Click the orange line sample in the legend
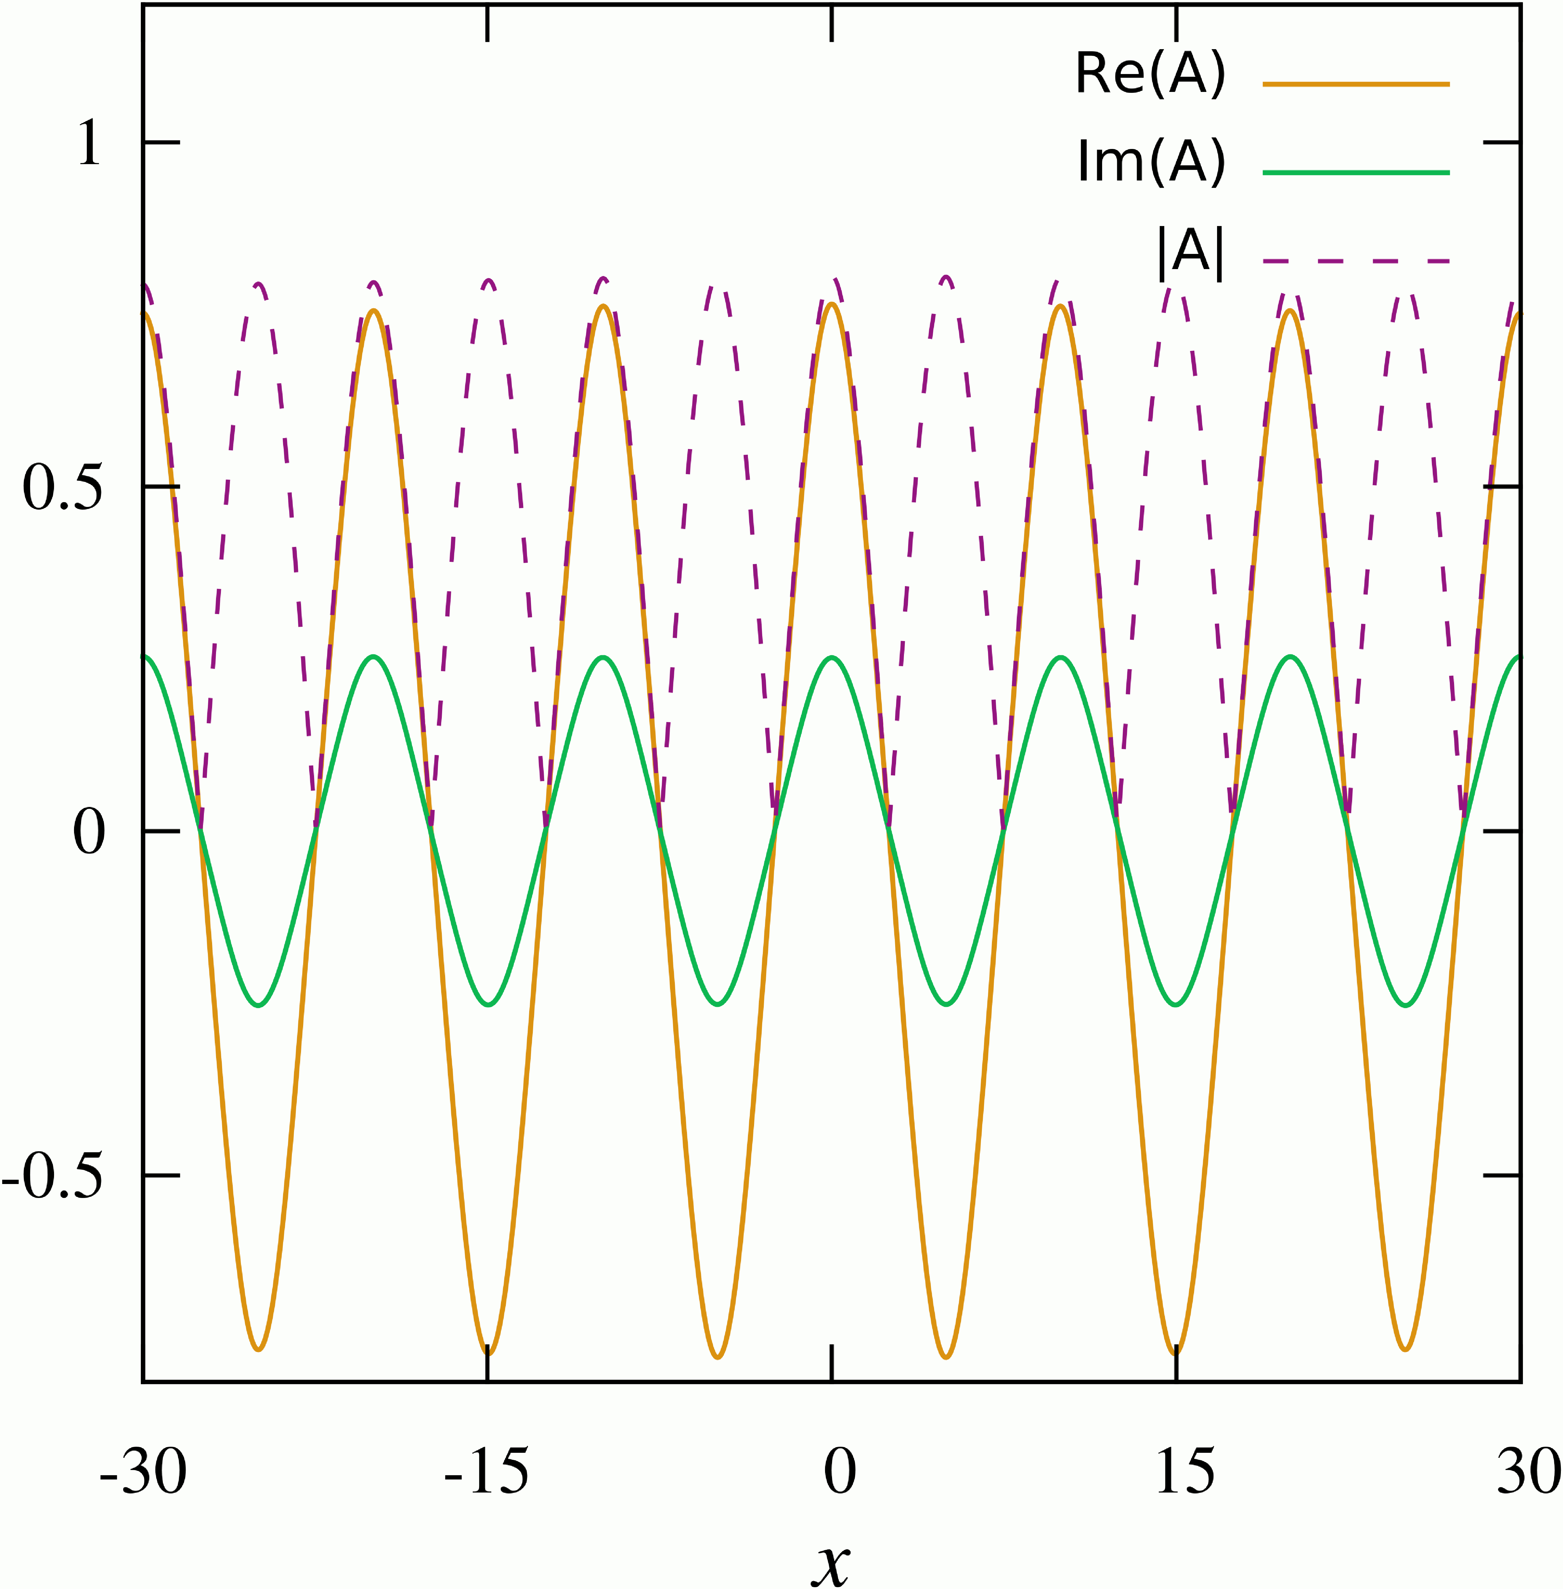click(x=1356, y=84)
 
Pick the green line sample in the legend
click(x=1356, y=172)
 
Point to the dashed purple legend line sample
click(x=1356, y=261)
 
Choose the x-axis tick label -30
click(x=143, y=1473)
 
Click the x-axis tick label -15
click(x=487, y=1473)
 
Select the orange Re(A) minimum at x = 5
click(x=946, y=1357)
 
